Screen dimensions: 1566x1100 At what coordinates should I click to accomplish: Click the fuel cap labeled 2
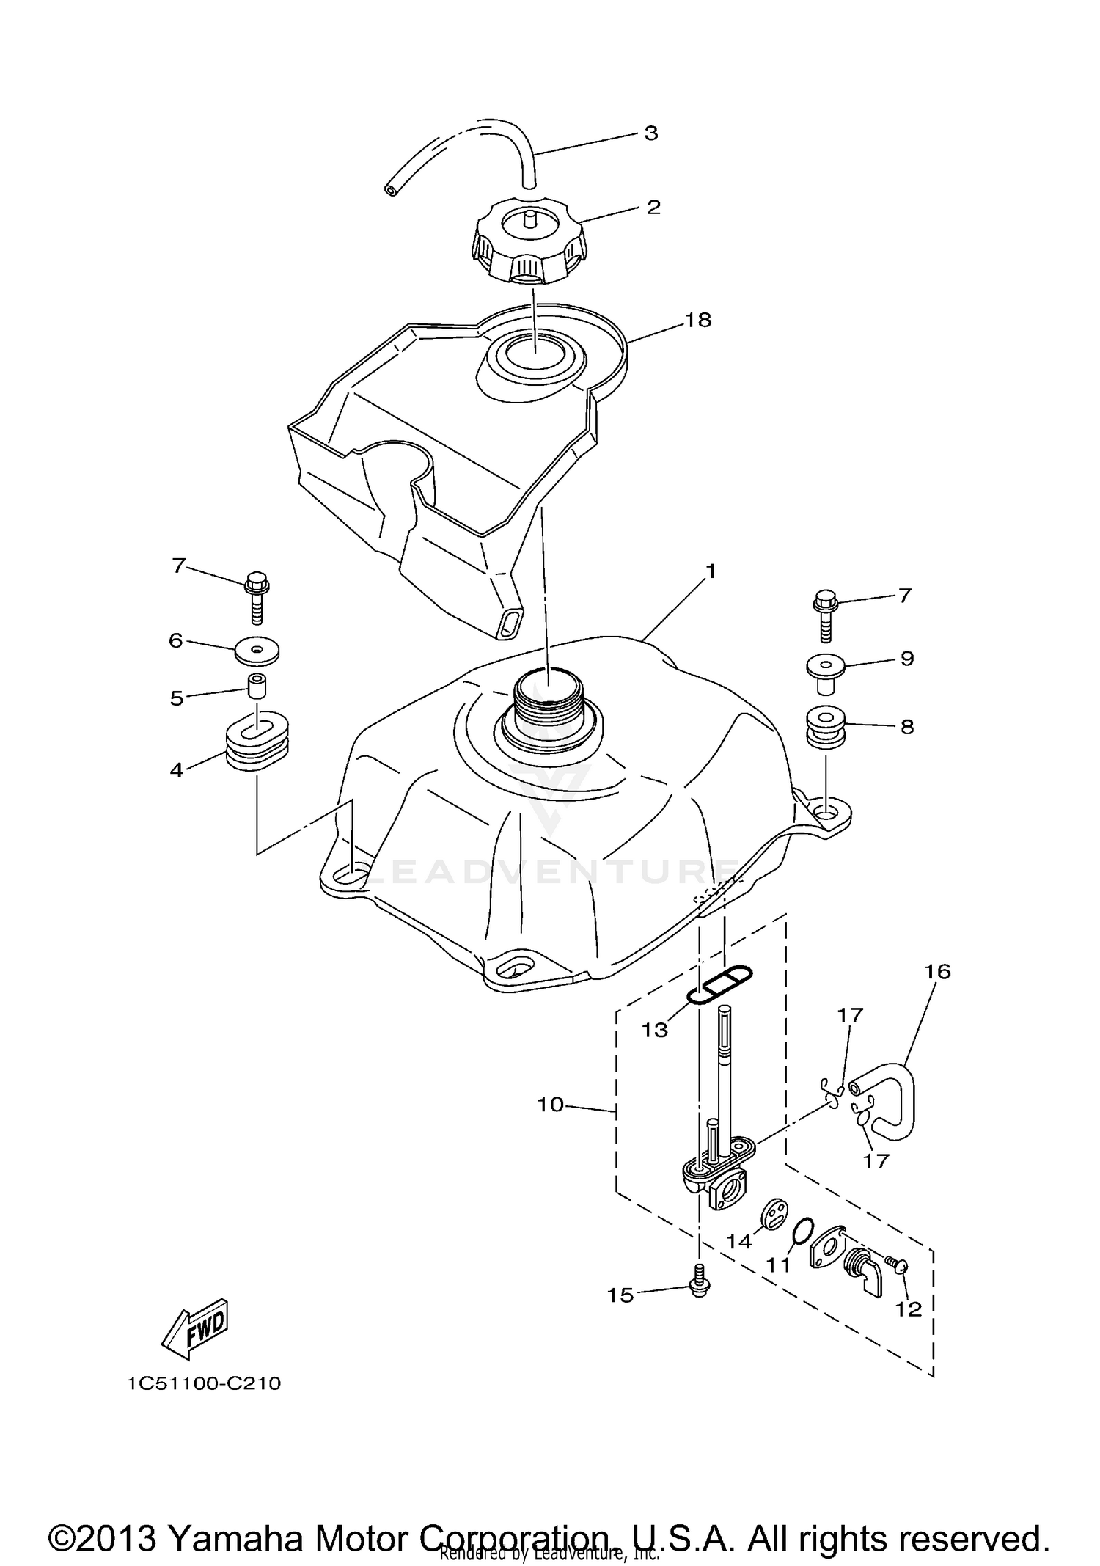[529, 246]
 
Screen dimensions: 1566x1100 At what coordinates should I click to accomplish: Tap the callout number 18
[698, 320]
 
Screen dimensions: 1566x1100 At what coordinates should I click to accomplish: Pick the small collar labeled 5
[257, 688]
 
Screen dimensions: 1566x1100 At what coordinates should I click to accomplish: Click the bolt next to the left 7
[254, 595]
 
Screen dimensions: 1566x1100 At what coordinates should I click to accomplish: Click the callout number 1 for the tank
[710, 570]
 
